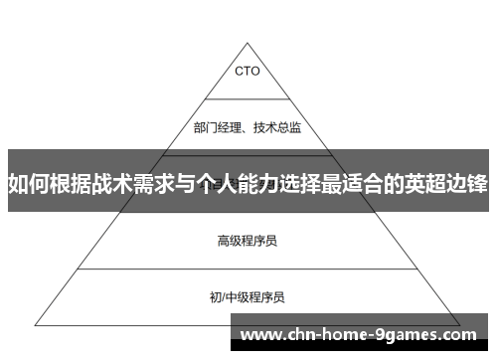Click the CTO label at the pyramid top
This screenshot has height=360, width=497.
[x=248, y=72]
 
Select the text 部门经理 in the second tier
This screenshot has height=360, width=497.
[x=216, y=127]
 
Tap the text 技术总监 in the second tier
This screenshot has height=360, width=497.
[x=279, y=127]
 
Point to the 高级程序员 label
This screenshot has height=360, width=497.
[x=248, y=212]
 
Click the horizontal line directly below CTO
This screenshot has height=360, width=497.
[x=248, y=96]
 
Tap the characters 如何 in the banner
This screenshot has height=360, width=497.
[x=28, y=183]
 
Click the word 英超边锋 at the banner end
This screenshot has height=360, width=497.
[x=445, y=183]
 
